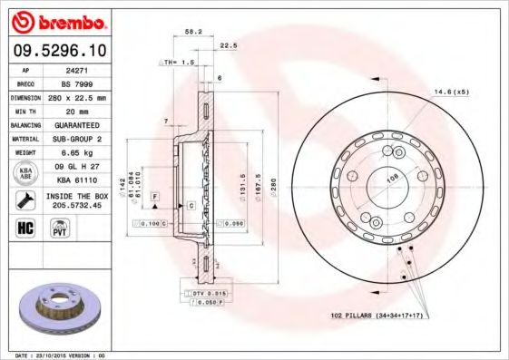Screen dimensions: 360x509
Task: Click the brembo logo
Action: click(x=56, y=20)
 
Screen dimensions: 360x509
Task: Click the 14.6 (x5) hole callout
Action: click(x=451, y=91)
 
